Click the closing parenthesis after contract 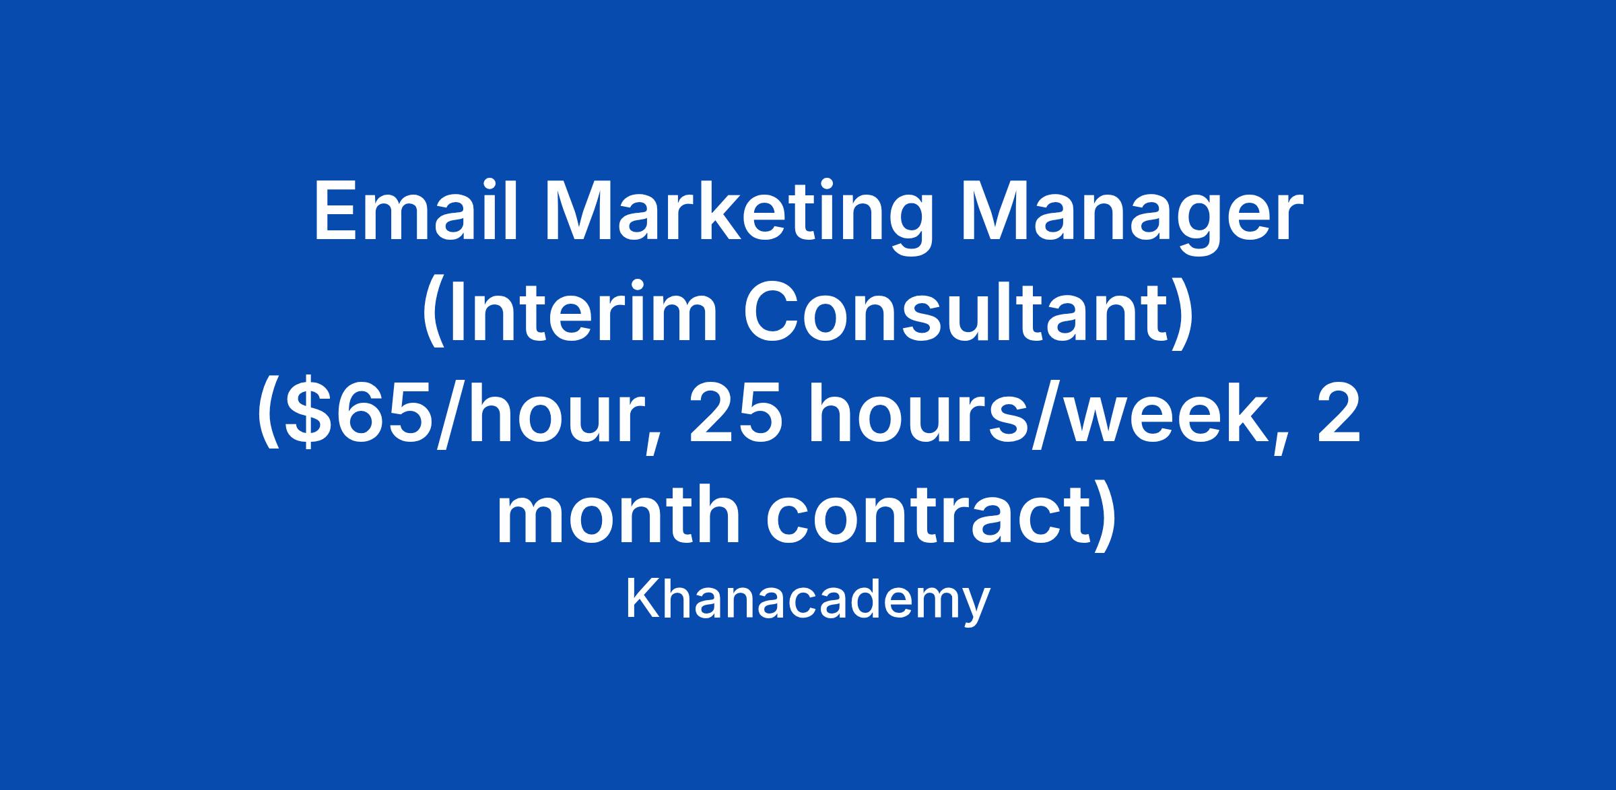click(1105, 520)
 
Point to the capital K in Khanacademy click(642, 599)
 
